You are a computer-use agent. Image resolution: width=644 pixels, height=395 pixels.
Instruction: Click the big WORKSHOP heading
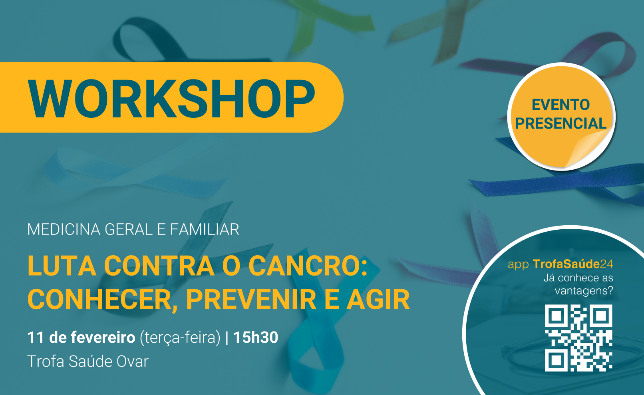tap(171, 98)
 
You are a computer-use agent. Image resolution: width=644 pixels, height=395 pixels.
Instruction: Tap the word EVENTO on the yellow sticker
tap(561, 105)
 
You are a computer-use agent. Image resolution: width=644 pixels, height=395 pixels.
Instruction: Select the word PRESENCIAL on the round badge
tap(561, 123)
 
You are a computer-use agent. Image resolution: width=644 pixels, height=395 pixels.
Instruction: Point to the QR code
tap(578, 338)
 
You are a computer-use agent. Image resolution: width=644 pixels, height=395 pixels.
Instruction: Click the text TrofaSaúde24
tap(573, 264)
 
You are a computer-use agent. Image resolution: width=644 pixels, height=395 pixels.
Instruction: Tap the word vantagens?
tap(584, 291)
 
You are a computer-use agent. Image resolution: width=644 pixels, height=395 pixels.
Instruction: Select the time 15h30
tap(256, 337)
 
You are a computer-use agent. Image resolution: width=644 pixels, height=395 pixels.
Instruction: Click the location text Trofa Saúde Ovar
tap(87, 361)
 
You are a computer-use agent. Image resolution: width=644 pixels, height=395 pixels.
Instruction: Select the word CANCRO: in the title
tap(308, 266)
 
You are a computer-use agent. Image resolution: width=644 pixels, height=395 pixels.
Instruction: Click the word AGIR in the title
tap(378, 299)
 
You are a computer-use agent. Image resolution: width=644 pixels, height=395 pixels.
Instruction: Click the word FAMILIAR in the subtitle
tap(205, 229)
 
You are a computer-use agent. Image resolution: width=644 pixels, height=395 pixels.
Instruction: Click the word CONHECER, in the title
tap(102, 300)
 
